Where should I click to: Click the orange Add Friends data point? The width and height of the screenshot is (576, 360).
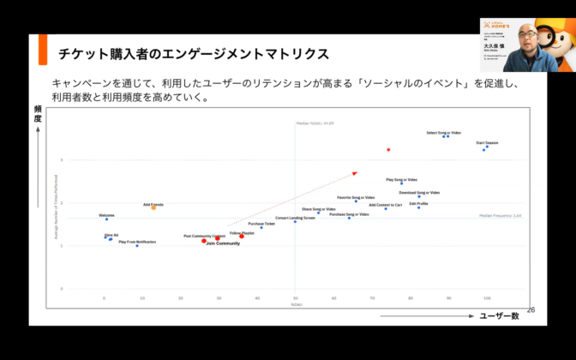pyautogui.click(x=153, y=208)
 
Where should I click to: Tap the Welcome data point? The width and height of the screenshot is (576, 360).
pyautogui.click(x=107, y=219)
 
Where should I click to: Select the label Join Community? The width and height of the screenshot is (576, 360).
pyautogui.click(x=223, y=244)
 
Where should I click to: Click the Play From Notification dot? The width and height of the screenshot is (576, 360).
pyautogui.click(x=137, y=246)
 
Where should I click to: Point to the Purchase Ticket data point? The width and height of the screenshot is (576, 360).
pyautogui.click(x=262, y=228)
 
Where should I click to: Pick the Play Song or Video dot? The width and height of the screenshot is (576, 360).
pyautogui.click(x=401, y=183)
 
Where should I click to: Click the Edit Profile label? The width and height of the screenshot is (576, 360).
pyautogui.click(x=419, y=204)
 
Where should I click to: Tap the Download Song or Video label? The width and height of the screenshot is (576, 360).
pyautogui.click(x=419, y=193)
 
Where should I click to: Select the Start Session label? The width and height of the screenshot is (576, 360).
pyautogui.click(x=487, y=142)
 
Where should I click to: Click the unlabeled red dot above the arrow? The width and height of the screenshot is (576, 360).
pyautogui.click(x=388, y=150)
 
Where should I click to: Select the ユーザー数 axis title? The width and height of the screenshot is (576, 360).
pyautogui.click(x=499, y=316)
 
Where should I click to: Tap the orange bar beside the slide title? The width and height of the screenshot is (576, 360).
pyautogui.click(x=42, y=53)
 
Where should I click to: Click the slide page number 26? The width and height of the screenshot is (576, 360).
pyautogui.click(x=531, y=309)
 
